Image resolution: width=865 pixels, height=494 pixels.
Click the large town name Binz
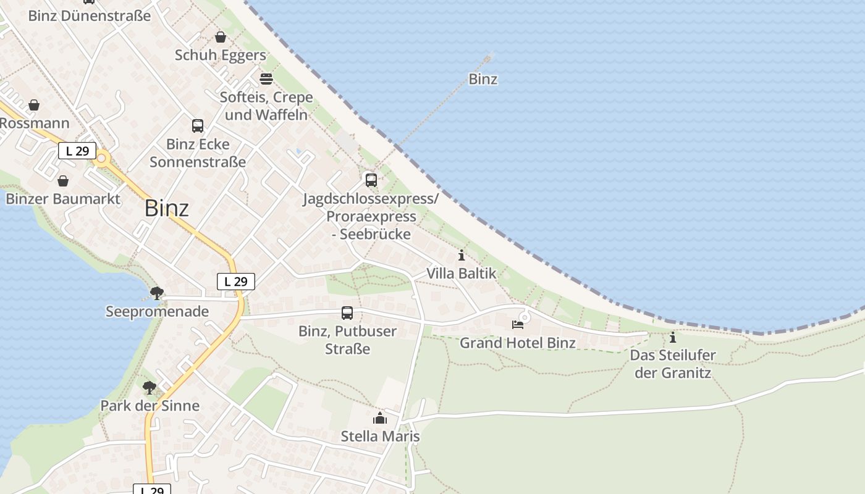click(166, 209)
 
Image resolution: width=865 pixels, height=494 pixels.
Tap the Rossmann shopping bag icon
click(34, 105)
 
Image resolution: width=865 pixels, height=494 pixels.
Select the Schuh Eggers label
click(220, 55)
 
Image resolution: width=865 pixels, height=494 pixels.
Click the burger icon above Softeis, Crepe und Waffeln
click(266, 79)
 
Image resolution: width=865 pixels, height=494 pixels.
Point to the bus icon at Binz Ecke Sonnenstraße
click(198, 126)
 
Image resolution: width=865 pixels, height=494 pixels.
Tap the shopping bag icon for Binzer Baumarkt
click(63, 181)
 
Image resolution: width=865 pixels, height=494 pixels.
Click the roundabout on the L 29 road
click(102, 158)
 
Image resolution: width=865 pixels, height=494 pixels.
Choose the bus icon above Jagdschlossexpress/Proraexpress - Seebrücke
click(371, 180)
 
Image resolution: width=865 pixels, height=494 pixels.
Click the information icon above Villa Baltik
click(462, 256)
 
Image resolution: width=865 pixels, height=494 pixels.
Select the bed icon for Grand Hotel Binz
click(518, 325)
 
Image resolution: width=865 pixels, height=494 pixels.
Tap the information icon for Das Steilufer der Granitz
click(673, 338)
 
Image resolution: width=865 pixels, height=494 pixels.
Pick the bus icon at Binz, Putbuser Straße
click(347, 313)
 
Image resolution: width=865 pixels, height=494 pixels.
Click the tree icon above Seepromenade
click(157, 293)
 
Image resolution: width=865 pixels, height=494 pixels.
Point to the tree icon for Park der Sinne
click(149, 388)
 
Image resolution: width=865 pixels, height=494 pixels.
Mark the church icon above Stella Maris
click(380, 419)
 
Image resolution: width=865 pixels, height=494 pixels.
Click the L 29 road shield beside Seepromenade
click(236, 282)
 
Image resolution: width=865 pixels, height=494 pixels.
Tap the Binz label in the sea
click(483, 79)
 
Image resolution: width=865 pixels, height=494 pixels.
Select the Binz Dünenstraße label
click(90, 16)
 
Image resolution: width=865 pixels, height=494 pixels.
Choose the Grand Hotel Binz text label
click(518, 343)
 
